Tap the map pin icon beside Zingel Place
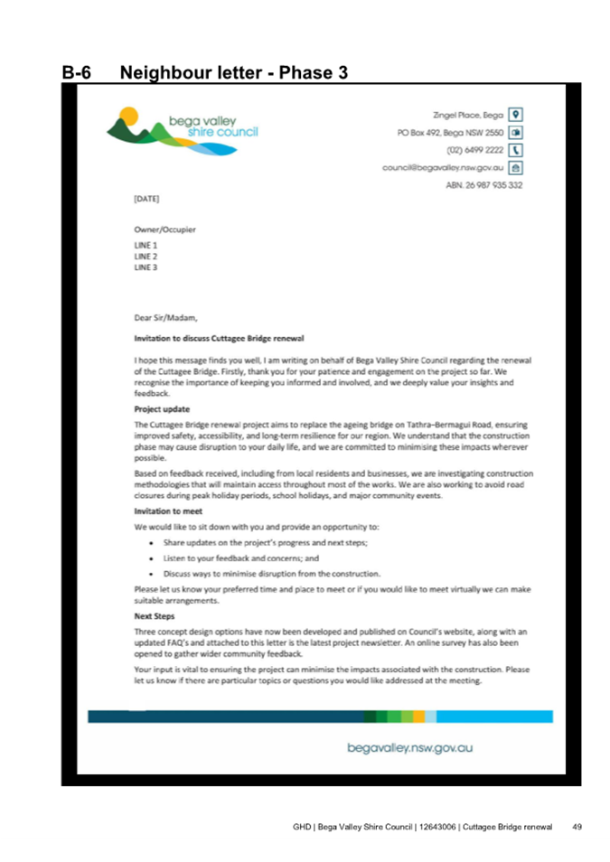(x=515, y=115)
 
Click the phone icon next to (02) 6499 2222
(x=515, y=149)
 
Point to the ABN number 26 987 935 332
(x=483, y=184)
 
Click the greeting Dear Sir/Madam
(x=164, y=317)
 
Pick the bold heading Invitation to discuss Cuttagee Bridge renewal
(x=212, y=337)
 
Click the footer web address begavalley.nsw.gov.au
(x=410, y=747)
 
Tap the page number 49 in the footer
(x=577, y=827)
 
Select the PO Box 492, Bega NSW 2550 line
(x=451, y=132)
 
